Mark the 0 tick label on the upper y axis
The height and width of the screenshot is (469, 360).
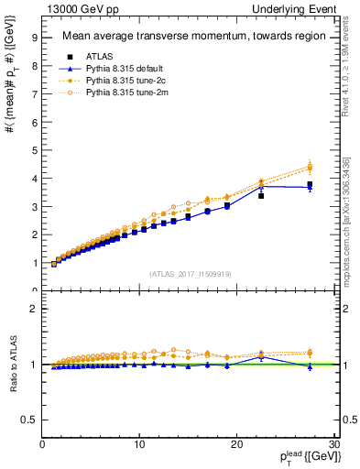coord(34,291)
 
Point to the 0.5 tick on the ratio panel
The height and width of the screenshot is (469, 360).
coord(29,420)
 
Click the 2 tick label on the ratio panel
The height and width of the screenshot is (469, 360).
coord(34,309)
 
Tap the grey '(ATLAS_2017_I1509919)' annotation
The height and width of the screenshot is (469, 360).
coord(190,273)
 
